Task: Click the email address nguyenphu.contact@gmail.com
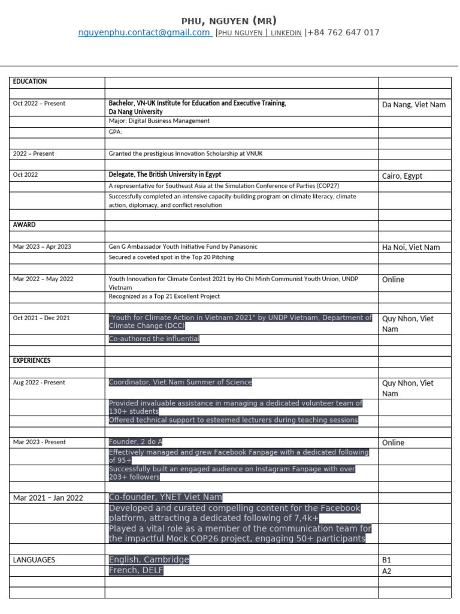[x=144, y=33]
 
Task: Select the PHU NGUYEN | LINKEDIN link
[x=260, y=34]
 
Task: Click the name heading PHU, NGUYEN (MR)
[x=229, y=21]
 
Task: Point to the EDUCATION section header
[x=30, y=82]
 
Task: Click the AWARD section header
[x=24, y=225]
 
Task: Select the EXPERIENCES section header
[x=32, y=361]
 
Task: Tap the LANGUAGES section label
[x=34, y=560]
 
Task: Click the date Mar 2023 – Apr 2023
[x=42, y=247]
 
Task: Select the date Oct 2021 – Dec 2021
[x=41, y=318]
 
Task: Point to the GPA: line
[x=116, y=132]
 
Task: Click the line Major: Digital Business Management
[x=159, y=121]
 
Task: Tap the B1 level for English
[x=386, y=560]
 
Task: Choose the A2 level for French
[x=387, y=571]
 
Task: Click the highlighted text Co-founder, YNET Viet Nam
[x=165, y=497]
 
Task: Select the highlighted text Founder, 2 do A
[x=136, y=442]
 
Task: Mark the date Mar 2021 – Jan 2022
[x=48, y=498]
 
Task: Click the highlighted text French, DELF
[x=136, y=571]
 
